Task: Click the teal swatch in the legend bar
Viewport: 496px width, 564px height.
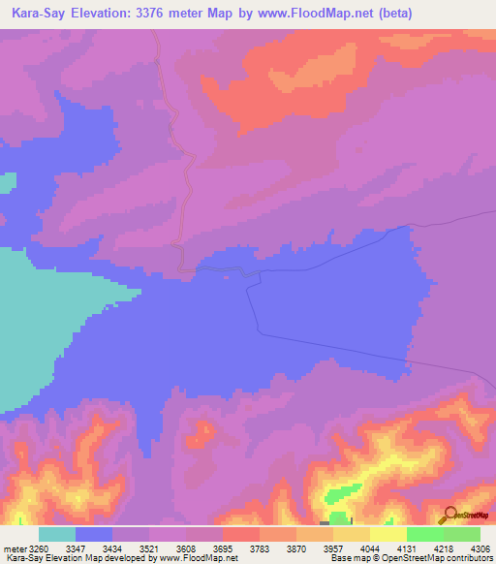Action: pos(57,534)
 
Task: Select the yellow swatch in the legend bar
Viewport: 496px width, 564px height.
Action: pos(388,534)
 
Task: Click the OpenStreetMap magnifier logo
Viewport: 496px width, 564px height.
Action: pos(449,515)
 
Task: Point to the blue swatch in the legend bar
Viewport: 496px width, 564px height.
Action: pos(94,534)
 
